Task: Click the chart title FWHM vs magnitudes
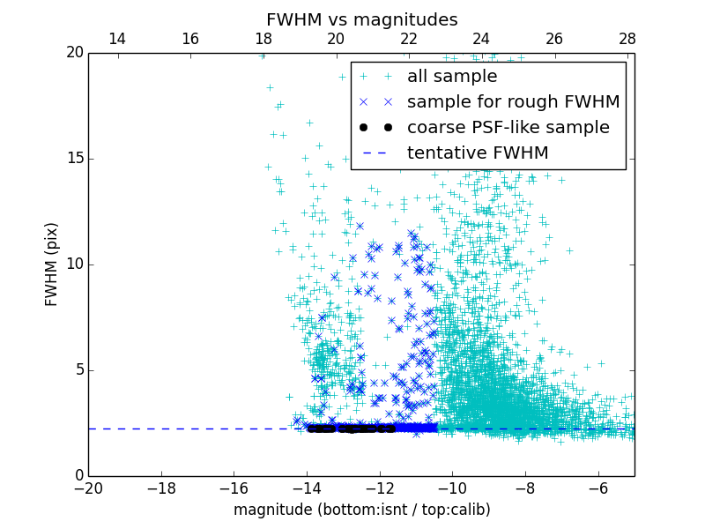pyautogui.click(x=361, y=19)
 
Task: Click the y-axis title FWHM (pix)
pyautogui.click(x=52, y=264)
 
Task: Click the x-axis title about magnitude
pyautogui.click(x=361, y=510)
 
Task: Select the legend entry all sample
pyautogui.click(x=452, y=77)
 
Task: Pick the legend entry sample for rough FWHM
pyautogui.click(x=513, y=102)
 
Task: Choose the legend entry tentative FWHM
pyautogui.click(x=478, y=153)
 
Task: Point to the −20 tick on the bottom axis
pyautogui.click(x=88, y=488)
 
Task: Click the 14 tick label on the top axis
pyautogui.click(x=117, y=39)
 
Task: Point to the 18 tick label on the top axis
pyautogui.click(x=263, y=39)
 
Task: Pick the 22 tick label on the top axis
pyautogui.click(x=409, y=39)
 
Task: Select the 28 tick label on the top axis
pyautogui.click(x=627, y=39)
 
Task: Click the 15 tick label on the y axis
pyautogui.click(x=74, y=159)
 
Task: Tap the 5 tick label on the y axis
pyautogui.click(x=78, y=370)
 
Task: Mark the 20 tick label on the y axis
pyautogui.click(x=74, y=53)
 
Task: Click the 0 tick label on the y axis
pyautogui.click(x=78, y=476)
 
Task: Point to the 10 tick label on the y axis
pyautogui.click(x=74, y=264)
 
